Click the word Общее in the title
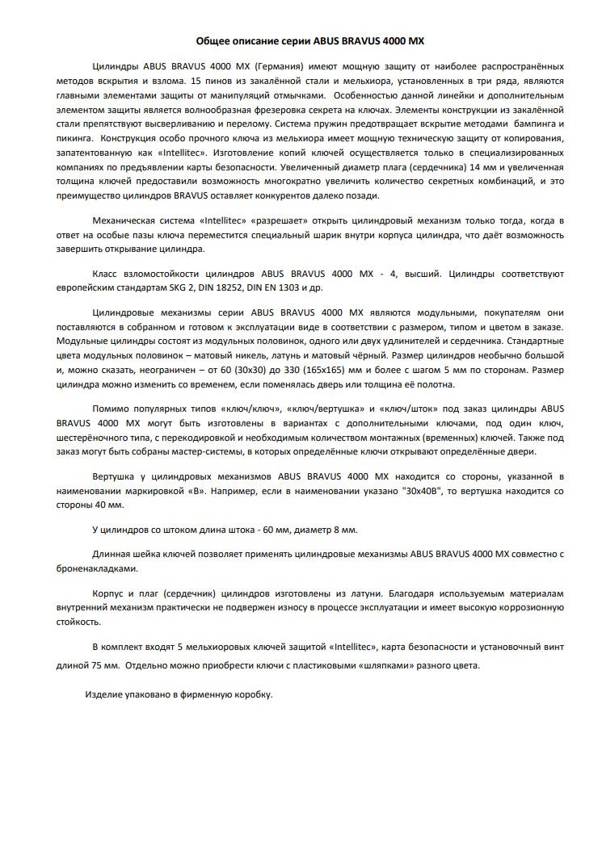[214, 40]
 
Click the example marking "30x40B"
[423, 491]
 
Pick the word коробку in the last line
[253, 694]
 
